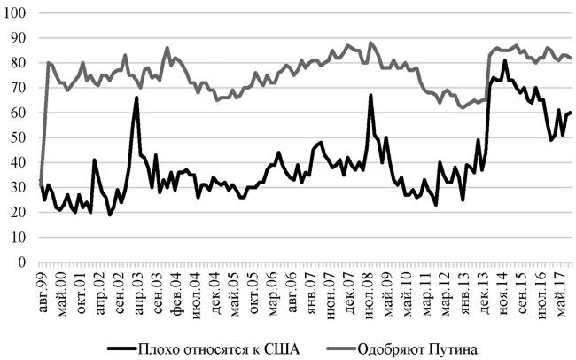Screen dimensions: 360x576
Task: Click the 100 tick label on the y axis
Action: pyautogui.click(x=15, y=13)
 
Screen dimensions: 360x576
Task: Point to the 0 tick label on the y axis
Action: pyautogui.click(x=21, y=263)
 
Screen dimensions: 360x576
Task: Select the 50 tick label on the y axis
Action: pyautogui.click(x=19, y=138)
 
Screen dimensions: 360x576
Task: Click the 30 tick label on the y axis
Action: pyautogui.click(x=19, y=188)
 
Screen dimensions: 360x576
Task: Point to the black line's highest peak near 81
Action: pyautogui.click(x=504, y=61)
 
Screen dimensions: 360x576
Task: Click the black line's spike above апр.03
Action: pyautogui.click(x=136, y=98)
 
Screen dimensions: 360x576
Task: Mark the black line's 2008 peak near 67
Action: pyautogui.click(x=370, y=95)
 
